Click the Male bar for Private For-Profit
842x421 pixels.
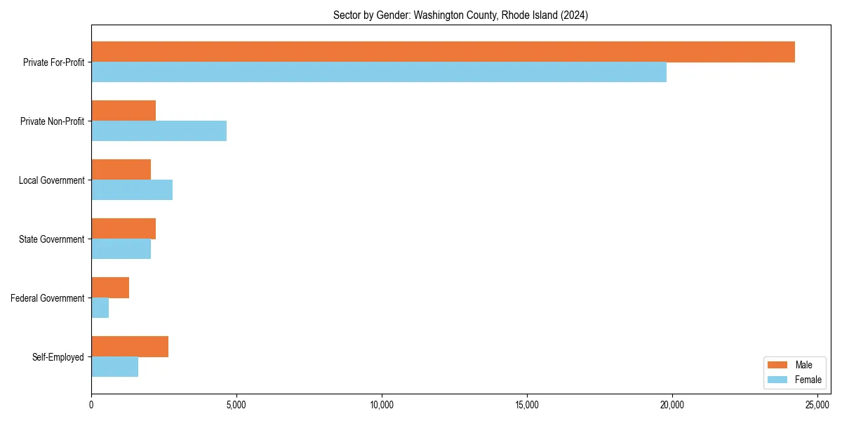coord(443,52)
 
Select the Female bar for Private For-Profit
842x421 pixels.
coord(379,72)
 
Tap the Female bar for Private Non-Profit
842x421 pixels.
coord(159,131)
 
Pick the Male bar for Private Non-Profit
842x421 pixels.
coord(123,111)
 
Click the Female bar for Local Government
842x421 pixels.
coord(132,190)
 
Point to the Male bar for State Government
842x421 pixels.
coord(123,229)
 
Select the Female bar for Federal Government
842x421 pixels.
coord(100,308)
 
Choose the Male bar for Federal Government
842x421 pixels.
coord(110,288)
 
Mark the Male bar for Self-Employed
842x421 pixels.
coord(130,347)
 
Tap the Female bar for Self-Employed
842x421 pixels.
coord(114,367)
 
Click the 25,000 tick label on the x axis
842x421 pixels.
coord(817,405)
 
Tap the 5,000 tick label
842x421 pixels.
coord(236,405)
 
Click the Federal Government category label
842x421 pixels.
coord(48,298)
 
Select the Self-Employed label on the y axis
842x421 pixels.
coord(58,357)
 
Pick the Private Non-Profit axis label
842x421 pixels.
coord(52,121)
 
